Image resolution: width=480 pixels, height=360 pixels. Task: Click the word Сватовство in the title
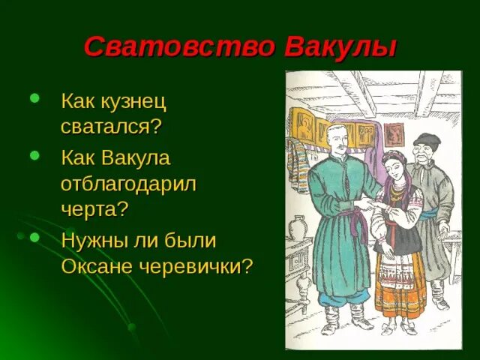tap(180, 46)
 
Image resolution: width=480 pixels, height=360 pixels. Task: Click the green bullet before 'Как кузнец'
tap(34, 98)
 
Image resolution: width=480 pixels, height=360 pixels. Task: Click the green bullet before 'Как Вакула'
tap(34, 155)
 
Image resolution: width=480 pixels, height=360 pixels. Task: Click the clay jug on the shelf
tap(298, 229)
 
